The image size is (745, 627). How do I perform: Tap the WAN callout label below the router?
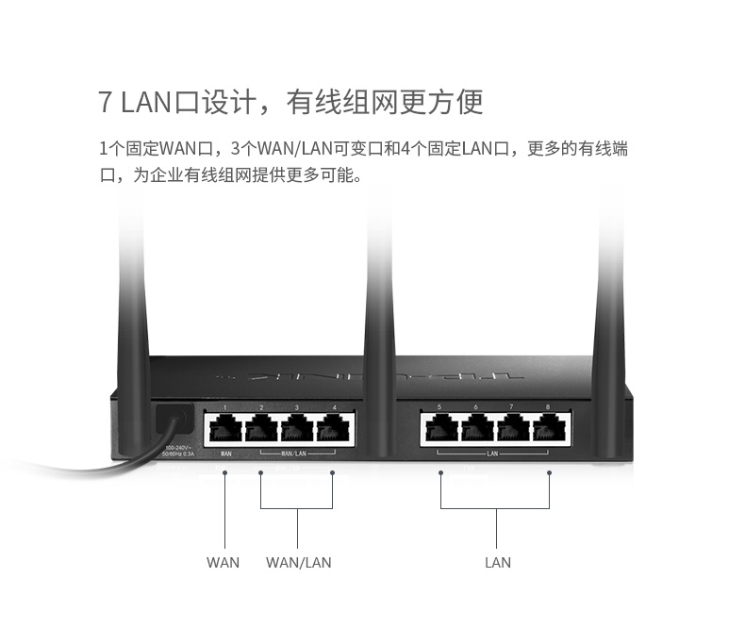223,563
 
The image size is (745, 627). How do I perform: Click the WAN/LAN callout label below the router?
298,563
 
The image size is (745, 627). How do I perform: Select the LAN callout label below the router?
497,563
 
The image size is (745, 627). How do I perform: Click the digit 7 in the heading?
106,101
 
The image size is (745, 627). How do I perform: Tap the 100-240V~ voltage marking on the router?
178,447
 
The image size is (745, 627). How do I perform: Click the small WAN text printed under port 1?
226,454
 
